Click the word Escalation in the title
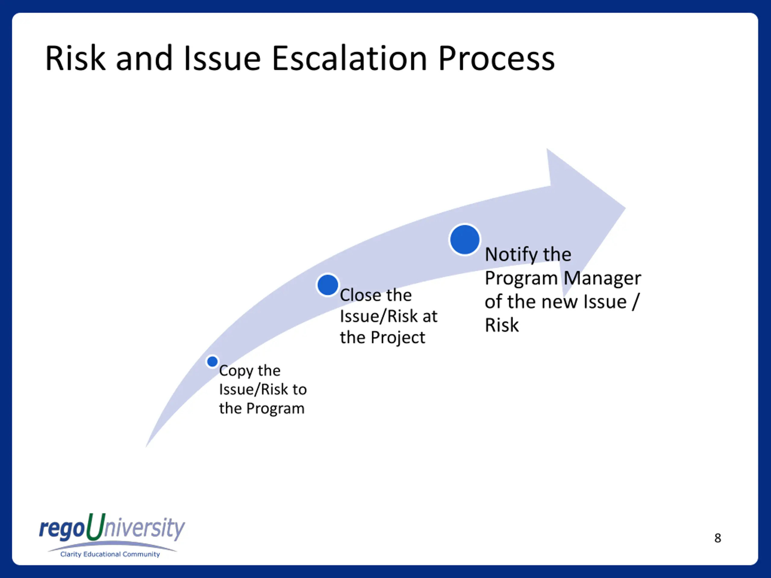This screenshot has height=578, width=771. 350,58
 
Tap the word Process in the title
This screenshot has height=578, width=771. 496,58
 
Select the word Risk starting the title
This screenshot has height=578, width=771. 75,58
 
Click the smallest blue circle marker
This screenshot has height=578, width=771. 212,362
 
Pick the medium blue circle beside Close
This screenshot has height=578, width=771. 328,285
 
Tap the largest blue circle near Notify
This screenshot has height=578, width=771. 465,240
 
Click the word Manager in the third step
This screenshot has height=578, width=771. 602,279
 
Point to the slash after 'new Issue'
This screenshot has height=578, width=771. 635,301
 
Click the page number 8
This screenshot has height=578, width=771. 718,538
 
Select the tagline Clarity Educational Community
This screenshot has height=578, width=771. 110,554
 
